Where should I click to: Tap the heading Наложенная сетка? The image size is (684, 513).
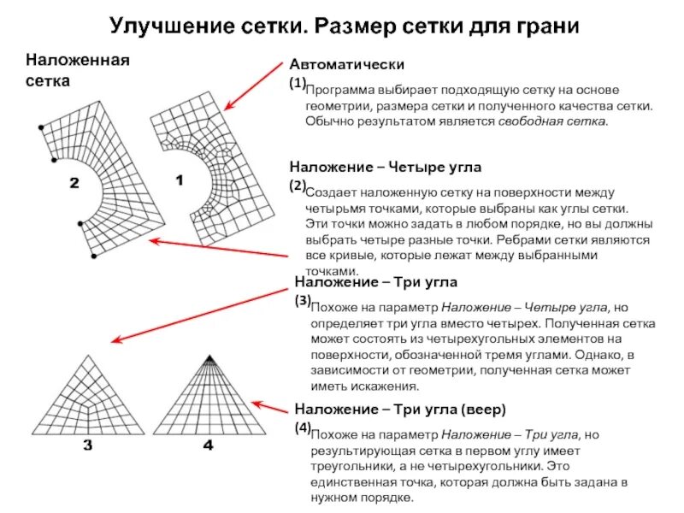(76, 71)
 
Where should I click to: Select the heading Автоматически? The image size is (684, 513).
(346, 65)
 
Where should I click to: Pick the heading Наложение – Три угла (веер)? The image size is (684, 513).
(400, 408)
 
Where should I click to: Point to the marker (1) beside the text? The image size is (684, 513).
(297, 83)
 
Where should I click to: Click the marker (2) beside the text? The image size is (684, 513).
(297, 185)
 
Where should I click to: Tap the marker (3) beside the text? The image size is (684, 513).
(302, 300)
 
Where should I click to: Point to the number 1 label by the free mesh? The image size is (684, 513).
(180, 181)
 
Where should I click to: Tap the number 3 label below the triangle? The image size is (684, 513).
(88, 446)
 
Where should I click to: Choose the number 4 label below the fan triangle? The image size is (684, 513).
(209, 446)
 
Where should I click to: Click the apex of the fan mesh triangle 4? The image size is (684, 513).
(209, 356)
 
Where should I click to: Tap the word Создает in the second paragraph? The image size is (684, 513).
(327, 193)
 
